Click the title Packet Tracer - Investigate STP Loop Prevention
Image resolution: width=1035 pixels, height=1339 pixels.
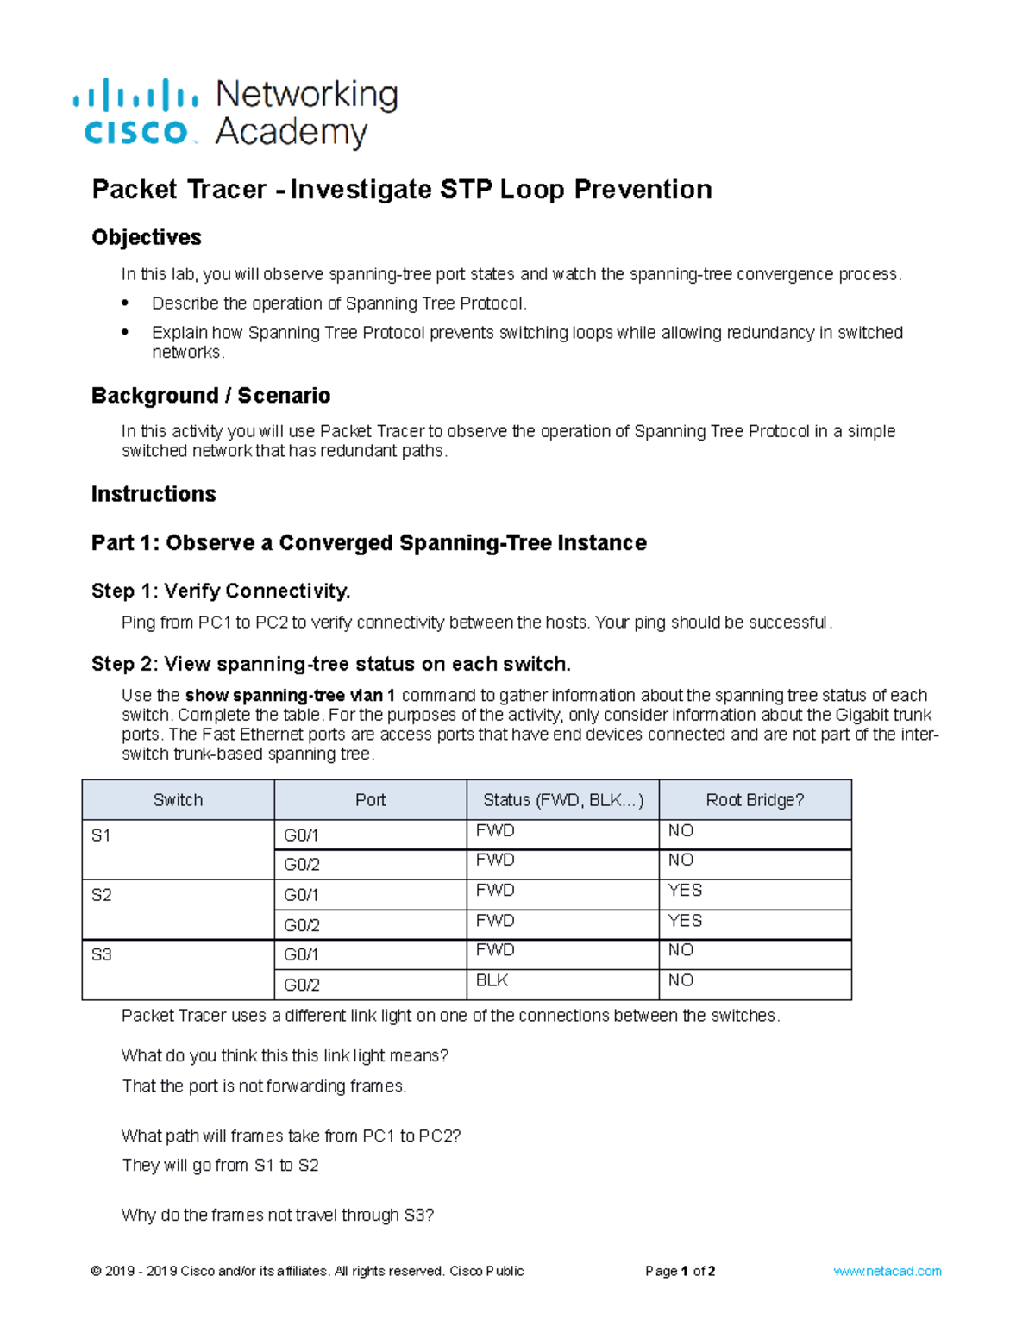pos(402,190)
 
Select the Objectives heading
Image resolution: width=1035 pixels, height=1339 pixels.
pos(147,237)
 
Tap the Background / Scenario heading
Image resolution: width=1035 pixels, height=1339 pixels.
pos(211,396)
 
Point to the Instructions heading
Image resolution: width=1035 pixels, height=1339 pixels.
pos(154,494)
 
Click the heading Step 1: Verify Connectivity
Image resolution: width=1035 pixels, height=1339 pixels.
pos(221,591)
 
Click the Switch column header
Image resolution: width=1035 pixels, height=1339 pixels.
pos(178,800)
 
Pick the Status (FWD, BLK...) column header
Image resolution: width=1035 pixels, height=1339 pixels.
pos(562,800)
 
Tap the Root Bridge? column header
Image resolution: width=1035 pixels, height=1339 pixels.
pos(755,800)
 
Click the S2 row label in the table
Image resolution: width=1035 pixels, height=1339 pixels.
pos(102,895)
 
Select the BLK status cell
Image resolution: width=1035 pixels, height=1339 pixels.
pos(492,980)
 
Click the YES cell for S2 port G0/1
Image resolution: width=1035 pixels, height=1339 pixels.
pos(685,891)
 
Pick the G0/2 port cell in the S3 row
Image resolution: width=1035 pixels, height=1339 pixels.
pos(302,985)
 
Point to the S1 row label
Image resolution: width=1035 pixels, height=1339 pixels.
pos(101,835)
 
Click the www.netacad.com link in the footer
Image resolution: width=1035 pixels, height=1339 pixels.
pos(887,1271)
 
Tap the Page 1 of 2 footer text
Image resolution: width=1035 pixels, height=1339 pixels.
pos(680,1271)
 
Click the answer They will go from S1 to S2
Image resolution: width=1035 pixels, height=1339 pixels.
pos(221,1166)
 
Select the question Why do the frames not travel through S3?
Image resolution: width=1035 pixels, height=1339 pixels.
pos(278,1216)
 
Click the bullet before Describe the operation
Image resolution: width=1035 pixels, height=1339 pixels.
pos(125,303)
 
